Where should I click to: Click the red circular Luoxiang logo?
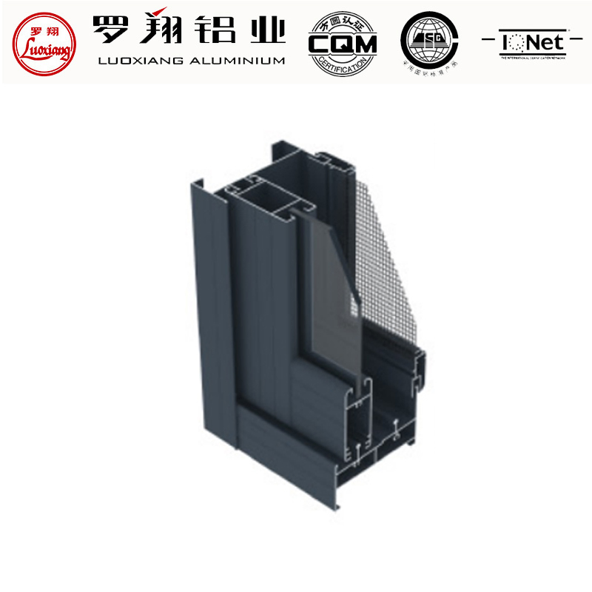(x=42, y=43)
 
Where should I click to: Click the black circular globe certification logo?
(x=428, y=41)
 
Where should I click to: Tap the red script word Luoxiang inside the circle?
(x=42, y=50)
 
